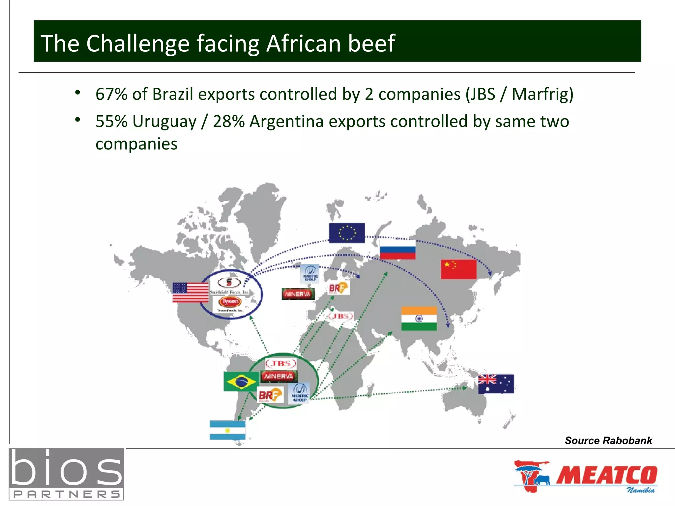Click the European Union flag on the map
tap(347, 233)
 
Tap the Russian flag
tap(397, 249)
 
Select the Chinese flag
tap(458, 269)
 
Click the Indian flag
tap(419, 319)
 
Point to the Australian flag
tap(496, 384)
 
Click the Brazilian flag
tap(241, 381)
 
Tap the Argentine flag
tap(227, 430)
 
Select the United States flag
tap(190, 292)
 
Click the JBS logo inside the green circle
tap(281, 364)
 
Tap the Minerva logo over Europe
tap(298, 294)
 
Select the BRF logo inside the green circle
tap(270, 395)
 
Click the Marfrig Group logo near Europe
tap(310, 274)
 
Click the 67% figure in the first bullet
tap(111, 94)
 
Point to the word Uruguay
tap(164, 122)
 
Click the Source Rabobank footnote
tap(608, 440)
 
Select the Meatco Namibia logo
tap(585, 476)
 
